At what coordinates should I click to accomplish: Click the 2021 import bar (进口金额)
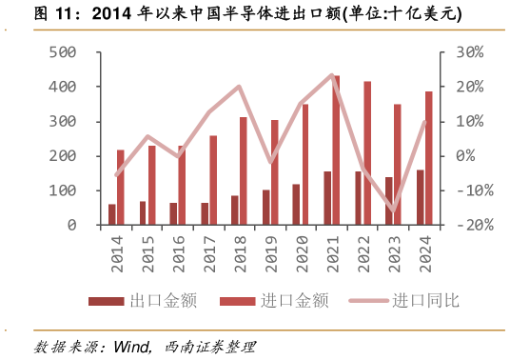336,150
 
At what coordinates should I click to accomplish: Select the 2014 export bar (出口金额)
111,214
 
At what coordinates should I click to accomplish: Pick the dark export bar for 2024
420,197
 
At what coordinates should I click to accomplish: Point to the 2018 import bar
243,171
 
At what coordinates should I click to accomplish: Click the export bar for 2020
296,204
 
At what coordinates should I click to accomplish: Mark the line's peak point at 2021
332,75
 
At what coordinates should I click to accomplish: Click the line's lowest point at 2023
393,210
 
